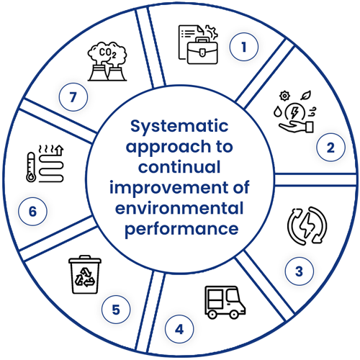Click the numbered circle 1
point(244,47)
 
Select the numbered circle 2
point(330,148)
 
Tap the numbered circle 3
point(300,271)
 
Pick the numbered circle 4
point(179,329)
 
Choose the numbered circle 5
point(116,309)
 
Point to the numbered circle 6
point(32,211)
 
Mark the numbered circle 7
point(73,97)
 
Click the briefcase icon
point(202,51)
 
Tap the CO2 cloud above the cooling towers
point(107,53)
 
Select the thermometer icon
point(31,167)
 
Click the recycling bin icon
point(85,274)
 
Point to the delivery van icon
point(225,302)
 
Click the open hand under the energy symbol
point(297,127)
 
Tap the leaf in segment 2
point(307,95)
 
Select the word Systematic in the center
point(179,127)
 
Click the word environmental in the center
point(179,208)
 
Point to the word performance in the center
point(181,230)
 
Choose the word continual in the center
point(179,167)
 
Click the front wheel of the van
point(233,314)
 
